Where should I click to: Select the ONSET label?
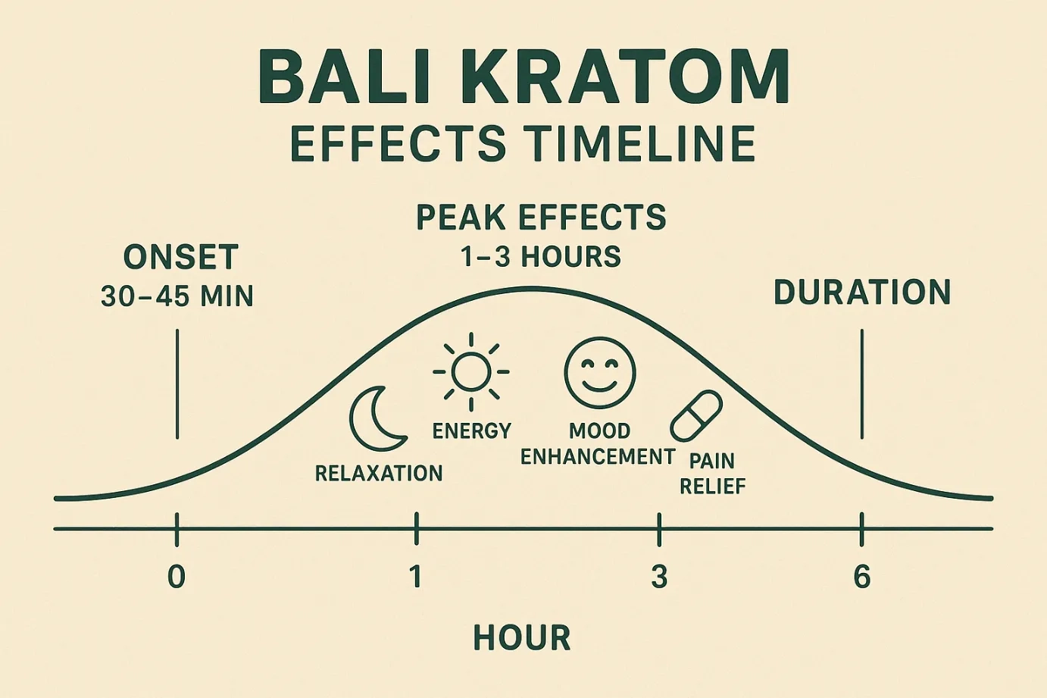[x=181, y=257]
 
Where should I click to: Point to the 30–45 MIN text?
[x=177, y=296]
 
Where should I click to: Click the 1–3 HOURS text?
[x=541, y=256]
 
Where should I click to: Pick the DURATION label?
[x=862, y=293]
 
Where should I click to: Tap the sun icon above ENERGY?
[x=471, y=372]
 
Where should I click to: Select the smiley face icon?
[x=600, y=373]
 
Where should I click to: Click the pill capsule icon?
[x=696, y=416]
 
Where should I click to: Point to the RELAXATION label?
[x=379, y=473]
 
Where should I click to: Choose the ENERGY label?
[x=472, y=430]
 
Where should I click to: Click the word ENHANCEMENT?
[x=598, y=456]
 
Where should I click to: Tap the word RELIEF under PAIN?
[x=712, y=487]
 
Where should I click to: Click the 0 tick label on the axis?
[x=177, y=577]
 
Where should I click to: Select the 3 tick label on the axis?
[x=659, y=577]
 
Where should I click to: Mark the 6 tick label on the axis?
[x=862, y=577]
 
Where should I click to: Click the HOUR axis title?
[x=522, y=637]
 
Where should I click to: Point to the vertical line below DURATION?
[x=862, y=383]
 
